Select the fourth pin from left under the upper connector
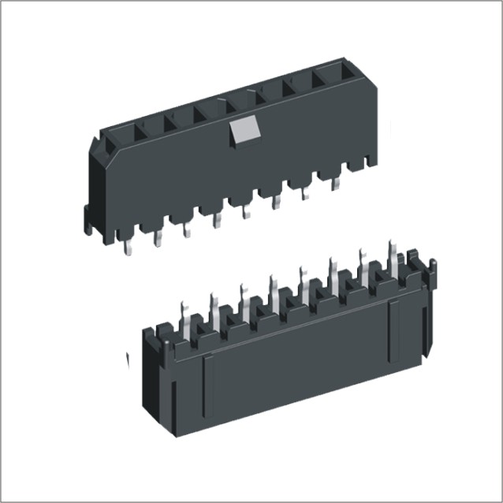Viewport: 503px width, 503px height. (217, 220)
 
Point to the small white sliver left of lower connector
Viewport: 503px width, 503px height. (128, 359)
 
